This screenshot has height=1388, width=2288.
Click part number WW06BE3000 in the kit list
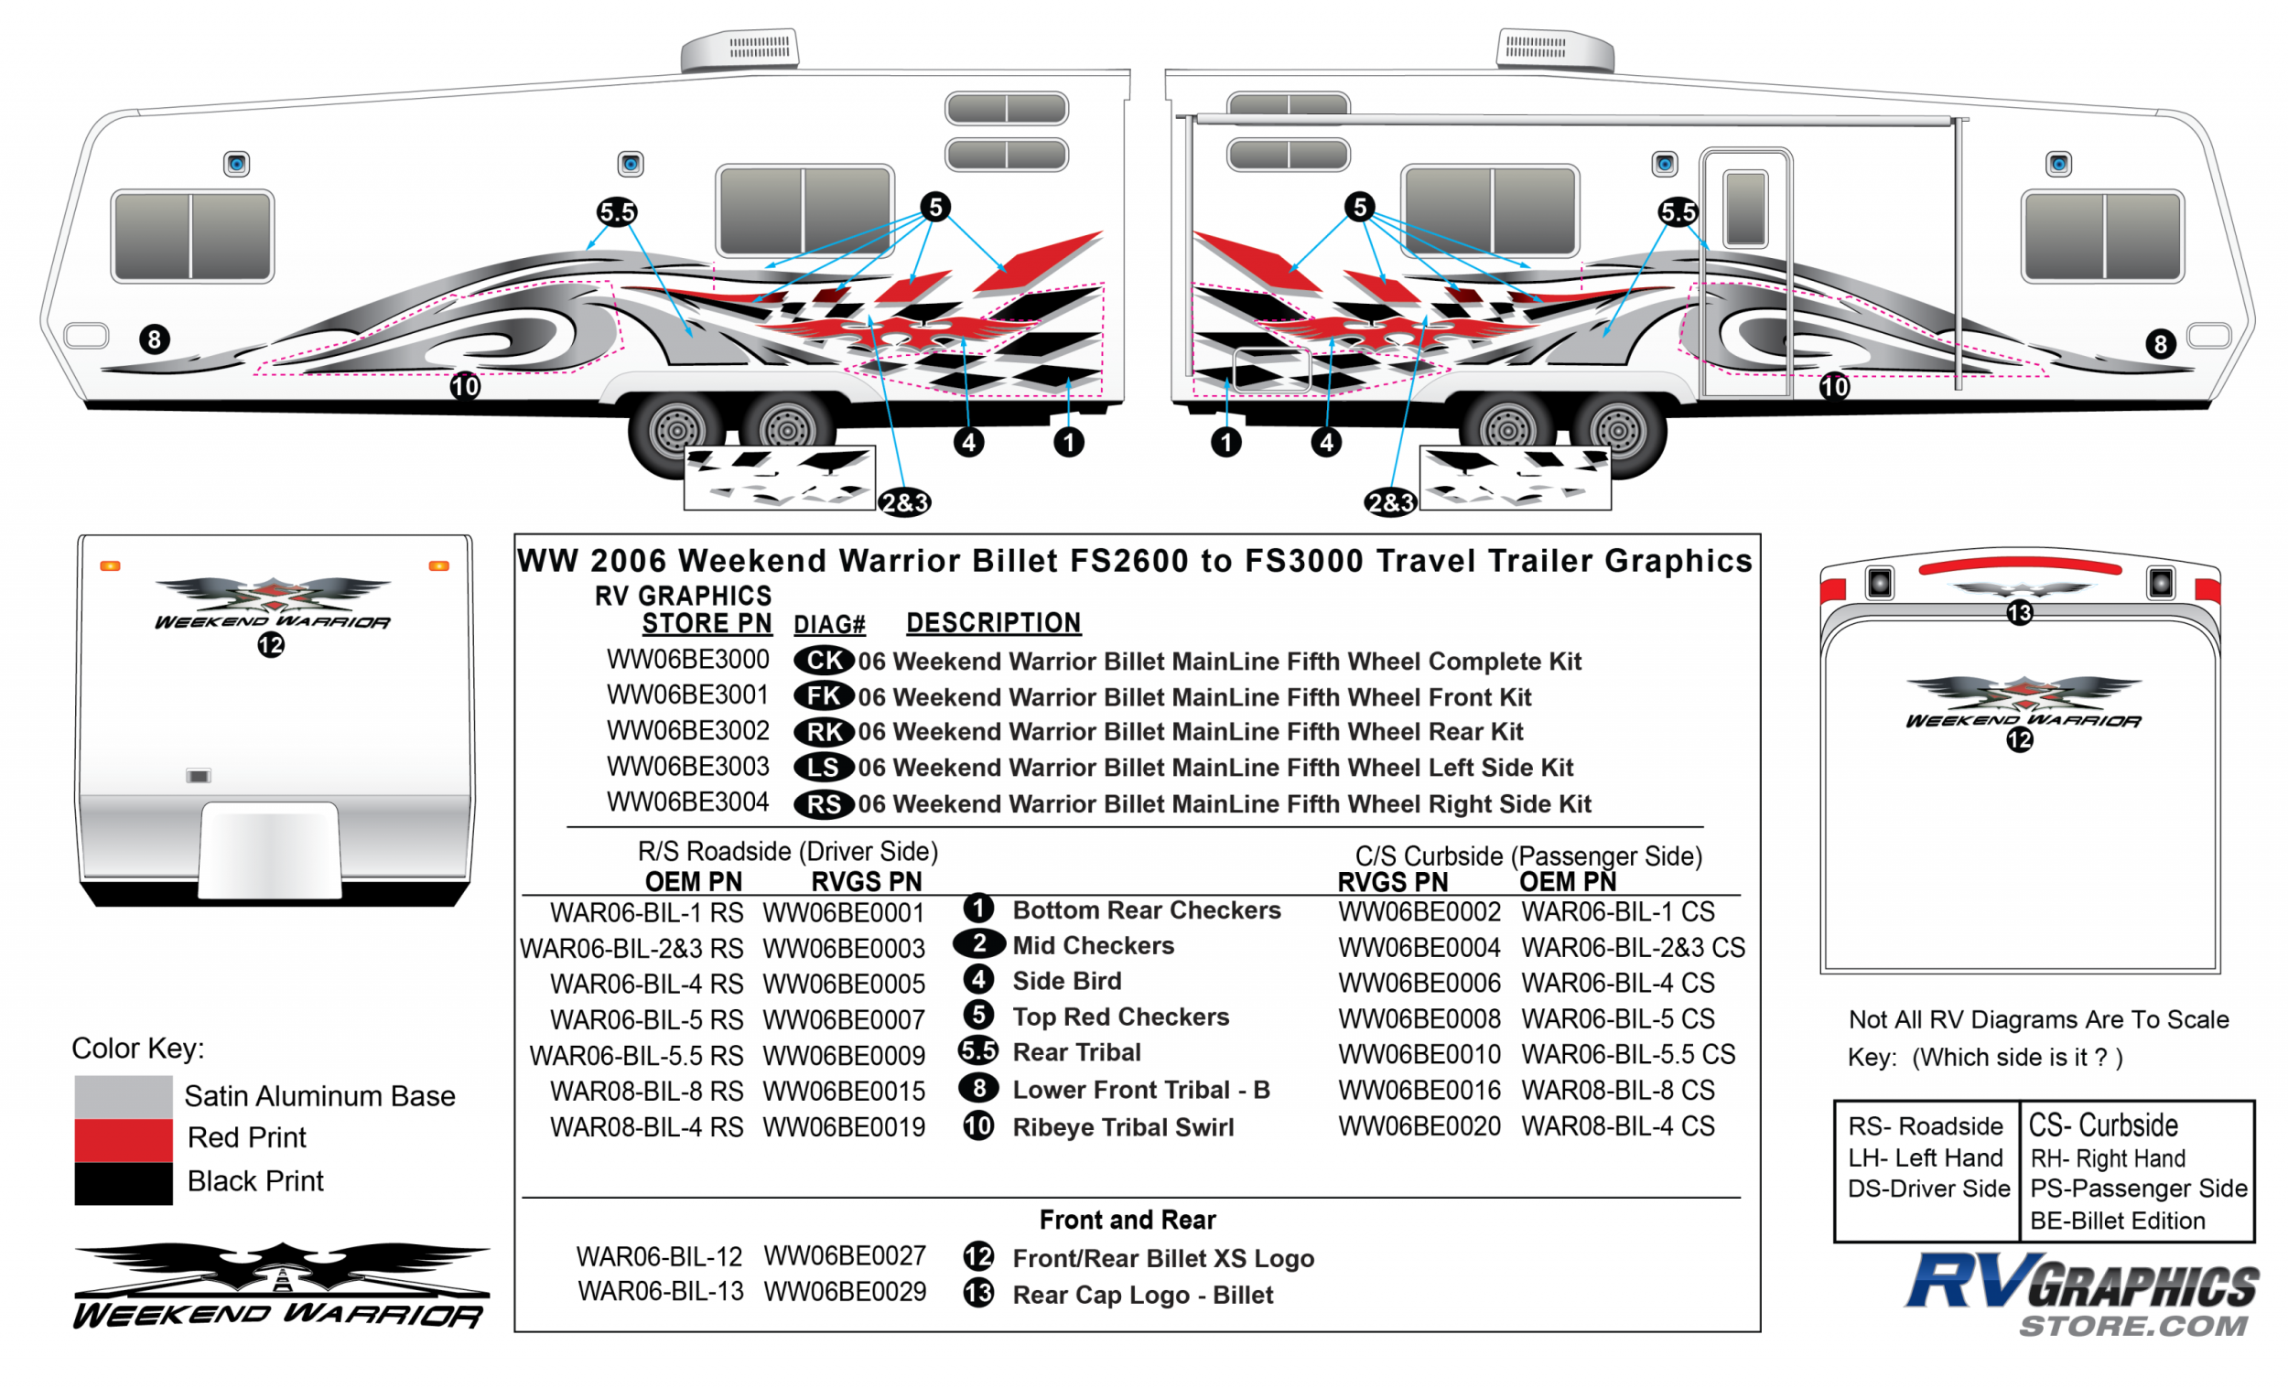tap(687, 659)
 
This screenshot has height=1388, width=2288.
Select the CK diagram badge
tap(823, 660)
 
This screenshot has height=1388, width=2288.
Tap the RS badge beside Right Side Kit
tap(823, 804)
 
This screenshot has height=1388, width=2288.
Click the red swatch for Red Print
tap(124, 1139)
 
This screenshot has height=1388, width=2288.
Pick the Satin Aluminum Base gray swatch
tap(124, 1096)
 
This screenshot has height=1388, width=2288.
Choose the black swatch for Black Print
tap(124, 1183)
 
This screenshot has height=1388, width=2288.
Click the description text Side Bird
tap(1066, 982)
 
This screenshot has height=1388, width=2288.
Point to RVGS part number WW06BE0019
tap(843, 1127)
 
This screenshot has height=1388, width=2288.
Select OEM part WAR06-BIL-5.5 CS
tap(1628, 1055)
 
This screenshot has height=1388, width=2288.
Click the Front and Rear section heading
tap(1128, 1219)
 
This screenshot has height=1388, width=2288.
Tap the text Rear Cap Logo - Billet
tap(1142, 1296)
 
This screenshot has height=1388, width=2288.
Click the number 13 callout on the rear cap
tap(2019, 613)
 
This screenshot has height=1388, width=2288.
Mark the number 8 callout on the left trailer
tap(155, 339)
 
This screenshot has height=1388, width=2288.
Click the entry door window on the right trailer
tap(1744, 208)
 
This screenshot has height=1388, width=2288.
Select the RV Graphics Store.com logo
tap(2082, 1296)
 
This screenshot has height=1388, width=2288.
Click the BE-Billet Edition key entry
tap(2117, 1221)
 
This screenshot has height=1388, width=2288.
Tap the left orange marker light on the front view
tap(110, 565)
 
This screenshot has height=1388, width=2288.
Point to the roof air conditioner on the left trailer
tap(739, 50)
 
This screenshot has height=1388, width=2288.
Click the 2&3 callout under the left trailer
tap(904, 503)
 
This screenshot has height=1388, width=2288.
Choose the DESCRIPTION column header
tap(993, 623)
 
